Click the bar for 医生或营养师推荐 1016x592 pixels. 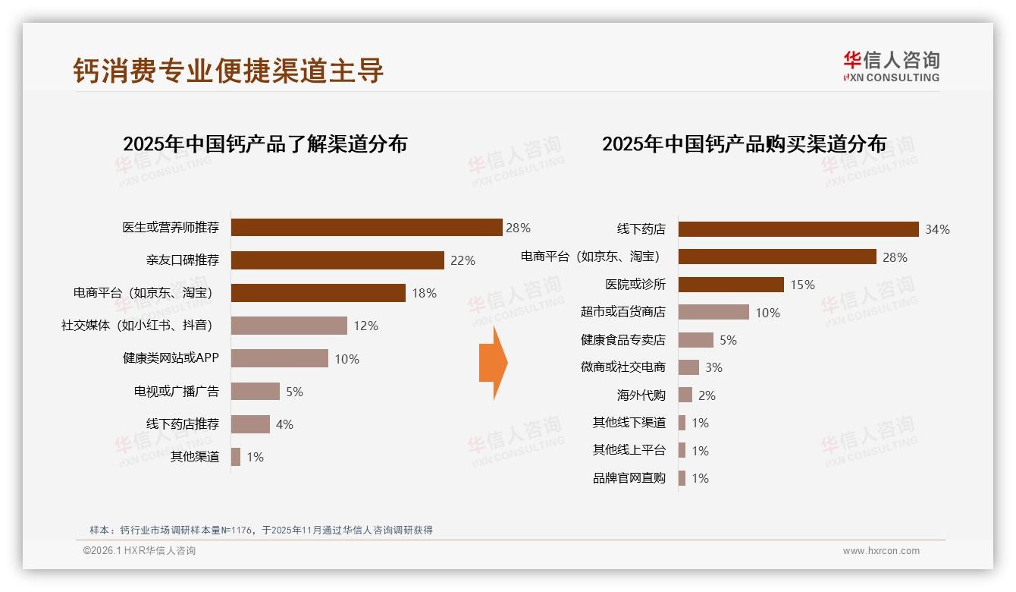point(366,228)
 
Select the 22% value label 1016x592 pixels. point(463,260)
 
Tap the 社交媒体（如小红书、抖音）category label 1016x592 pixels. point(136,326)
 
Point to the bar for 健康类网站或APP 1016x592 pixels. point(279,358)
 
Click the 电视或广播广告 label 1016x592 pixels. point(176,392)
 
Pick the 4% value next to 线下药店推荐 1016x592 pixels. point(284,424)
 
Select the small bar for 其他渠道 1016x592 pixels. point(236,457)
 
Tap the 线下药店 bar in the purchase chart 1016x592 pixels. point(798,229)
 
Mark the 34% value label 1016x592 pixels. point(937,229)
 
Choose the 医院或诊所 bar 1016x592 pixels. point(730,285)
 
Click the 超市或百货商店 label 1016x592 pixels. point(622,312)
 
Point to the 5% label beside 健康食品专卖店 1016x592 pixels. point(728,340)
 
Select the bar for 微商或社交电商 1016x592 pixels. point(688,367)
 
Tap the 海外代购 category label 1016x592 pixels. point(641,395)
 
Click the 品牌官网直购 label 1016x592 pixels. point(629,478)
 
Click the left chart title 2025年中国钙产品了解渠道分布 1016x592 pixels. point(265,143)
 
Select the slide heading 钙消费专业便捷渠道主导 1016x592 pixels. point(228,71)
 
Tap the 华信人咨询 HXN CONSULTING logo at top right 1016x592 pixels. point(891,66)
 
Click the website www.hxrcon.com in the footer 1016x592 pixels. point(881,551)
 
